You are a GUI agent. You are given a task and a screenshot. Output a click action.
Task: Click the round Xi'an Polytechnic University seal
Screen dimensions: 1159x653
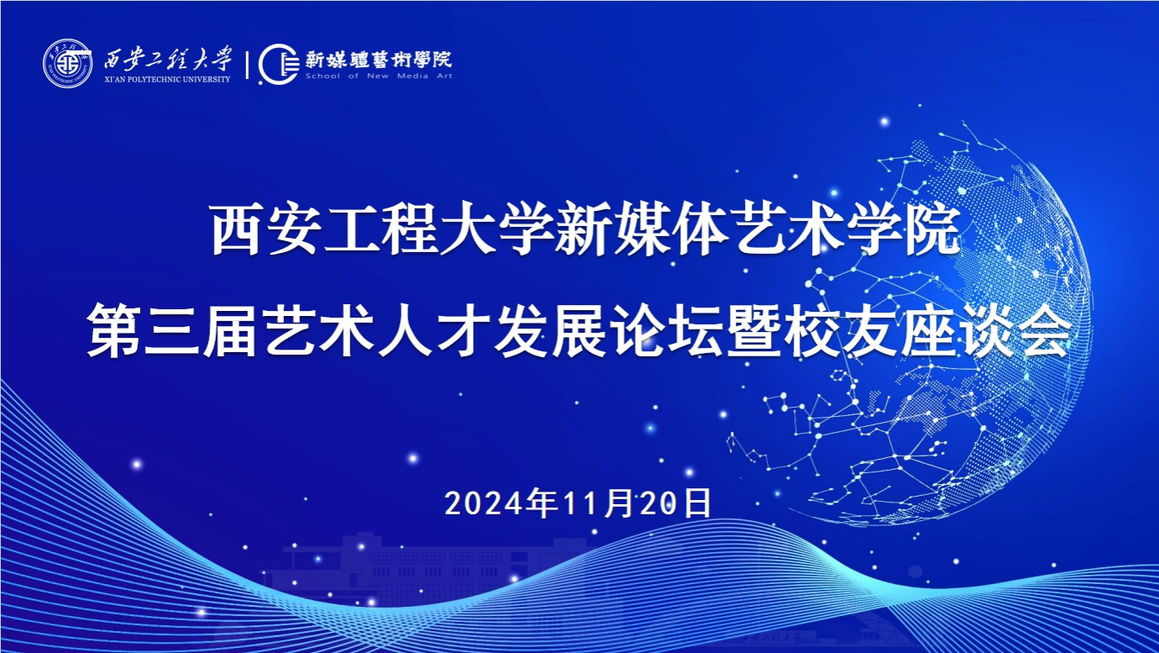tap(67, 64)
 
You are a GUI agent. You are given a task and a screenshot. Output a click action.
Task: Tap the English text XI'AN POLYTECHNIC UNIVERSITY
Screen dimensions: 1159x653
tap(167, 79)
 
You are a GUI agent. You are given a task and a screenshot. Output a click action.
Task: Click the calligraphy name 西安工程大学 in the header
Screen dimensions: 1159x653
tap(168, 58)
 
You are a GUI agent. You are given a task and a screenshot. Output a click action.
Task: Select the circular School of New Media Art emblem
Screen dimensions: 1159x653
tap(279, 64)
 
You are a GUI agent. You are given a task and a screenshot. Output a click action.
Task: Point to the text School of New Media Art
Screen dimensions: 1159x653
tap(379, 76)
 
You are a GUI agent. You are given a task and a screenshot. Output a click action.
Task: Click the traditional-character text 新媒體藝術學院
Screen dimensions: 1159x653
tap(378, 60)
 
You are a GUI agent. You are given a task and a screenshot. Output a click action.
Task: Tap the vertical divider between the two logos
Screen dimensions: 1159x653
tap(247, 65)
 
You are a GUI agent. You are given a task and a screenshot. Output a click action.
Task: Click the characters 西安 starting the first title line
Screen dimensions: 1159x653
tap(265, 229)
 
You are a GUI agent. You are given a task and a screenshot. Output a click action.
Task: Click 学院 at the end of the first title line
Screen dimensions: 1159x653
tap(904, 229)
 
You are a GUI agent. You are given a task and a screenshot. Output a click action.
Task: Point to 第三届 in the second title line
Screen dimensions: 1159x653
tap(172, 330)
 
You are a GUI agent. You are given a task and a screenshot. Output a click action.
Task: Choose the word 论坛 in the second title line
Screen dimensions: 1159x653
tap(667, 330)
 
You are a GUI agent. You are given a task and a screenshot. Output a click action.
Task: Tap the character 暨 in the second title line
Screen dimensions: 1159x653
tap(753, 330)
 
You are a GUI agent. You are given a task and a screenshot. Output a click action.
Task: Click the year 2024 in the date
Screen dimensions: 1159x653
tap(485, 503)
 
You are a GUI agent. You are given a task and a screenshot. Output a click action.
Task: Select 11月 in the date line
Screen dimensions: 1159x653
tap(598, 503)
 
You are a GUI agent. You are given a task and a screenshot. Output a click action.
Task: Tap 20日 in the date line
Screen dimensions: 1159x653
tap(676, 503)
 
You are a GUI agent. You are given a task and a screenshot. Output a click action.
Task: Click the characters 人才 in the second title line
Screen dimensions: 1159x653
tap(433, 330)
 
